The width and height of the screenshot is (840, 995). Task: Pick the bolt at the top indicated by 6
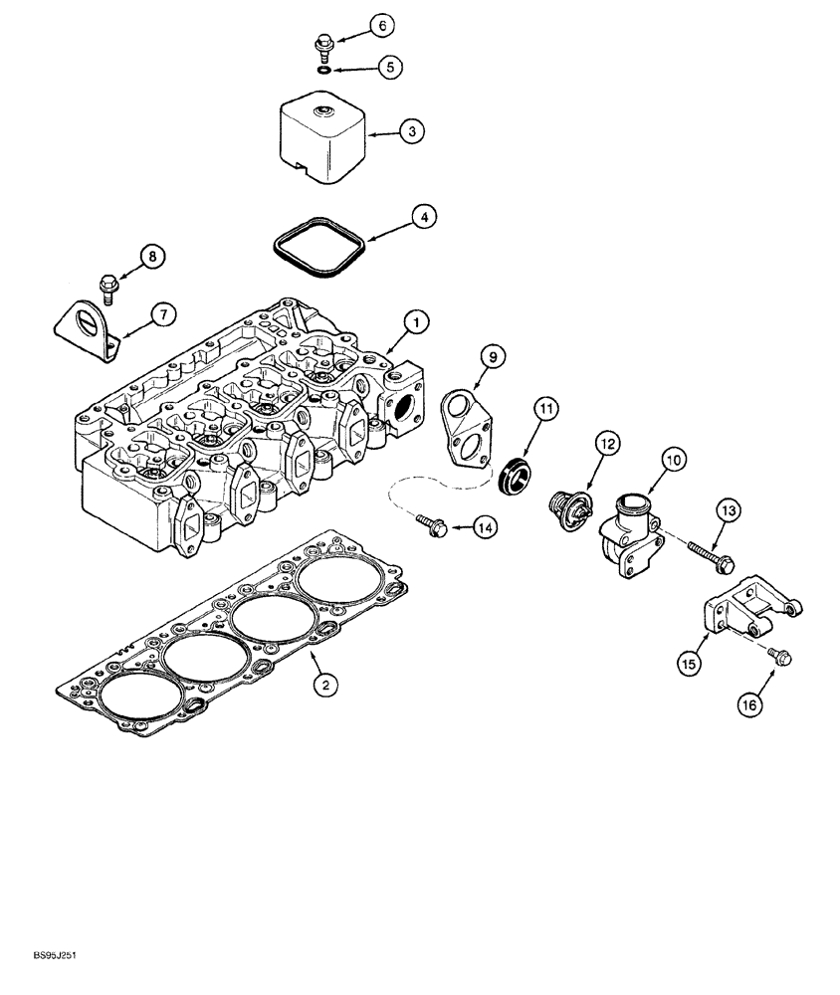(323, 45)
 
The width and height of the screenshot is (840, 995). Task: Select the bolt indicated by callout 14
(429, 523)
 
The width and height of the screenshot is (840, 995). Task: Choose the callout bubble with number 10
(674, 460)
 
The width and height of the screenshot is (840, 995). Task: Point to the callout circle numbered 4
(424, 217)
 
